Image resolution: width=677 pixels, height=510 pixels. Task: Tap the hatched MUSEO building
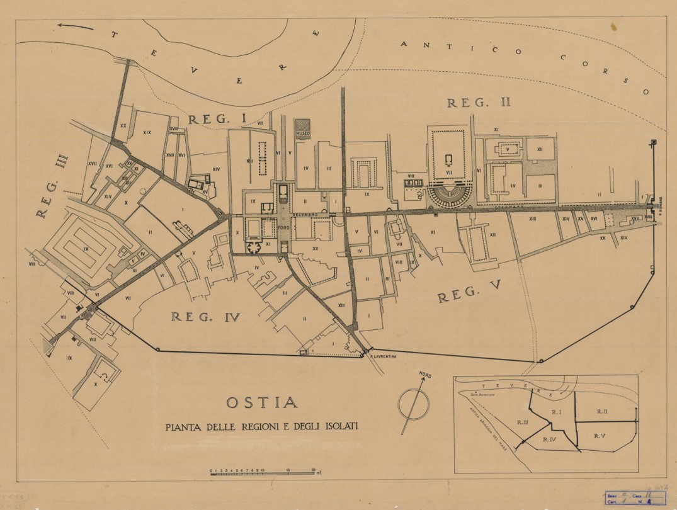pos(304,127)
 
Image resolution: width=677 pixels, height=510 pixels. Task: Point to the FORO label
pos(283,226)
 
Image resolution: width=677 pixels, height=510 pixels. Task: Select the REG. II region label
pos(469,102)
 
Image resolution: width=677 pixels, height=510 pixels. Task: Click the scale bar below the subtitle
pos(265,472)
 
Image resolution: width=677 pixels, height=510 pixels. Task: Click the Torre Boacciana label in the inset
pos(483,395)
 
